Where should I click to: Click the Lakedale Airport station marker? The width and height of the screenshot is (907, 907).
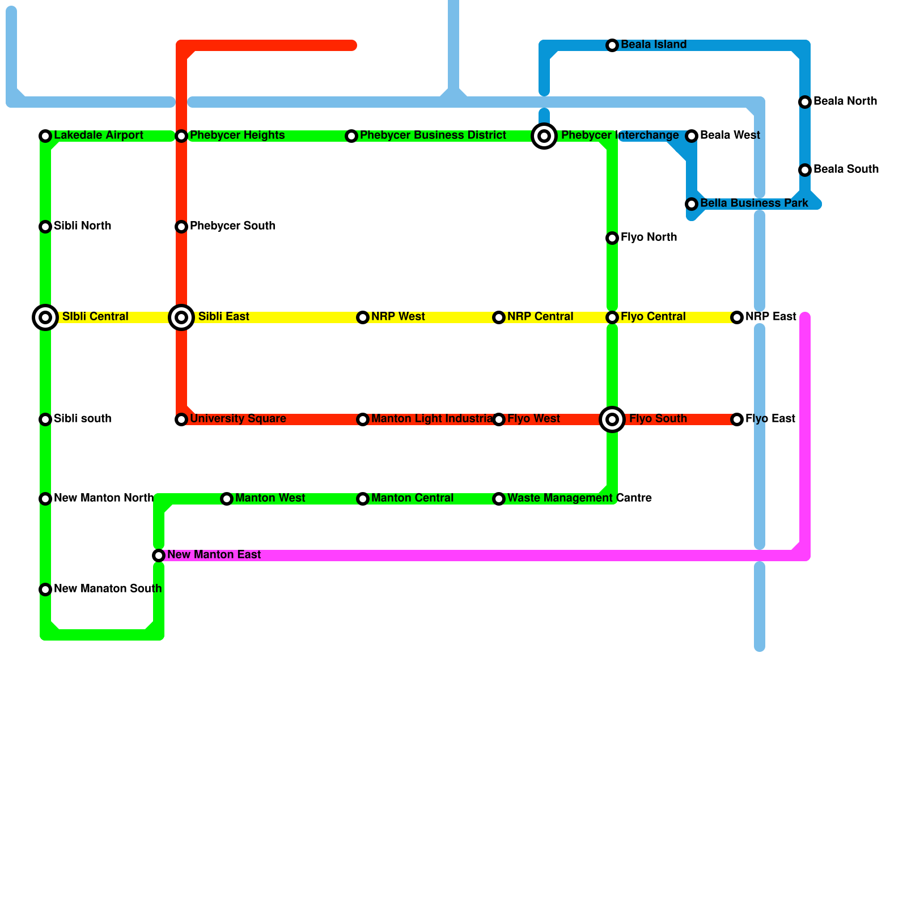(45, 136)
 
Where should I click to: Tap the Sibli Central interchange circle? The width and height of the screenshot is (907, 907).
(45, 317)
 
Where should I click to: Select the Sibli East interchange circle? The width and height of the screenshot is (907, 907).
(181, 317)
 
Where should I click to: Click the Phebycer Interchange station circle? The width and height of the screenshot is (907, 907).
(544, 136)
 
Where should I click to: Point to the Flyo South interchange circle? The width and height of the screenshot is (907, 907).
(612, 419)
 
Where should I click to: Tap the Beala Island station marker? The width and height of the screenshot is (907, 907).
(612, 45)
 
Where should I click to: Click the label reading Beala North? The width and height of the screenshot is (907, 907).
(845, 101)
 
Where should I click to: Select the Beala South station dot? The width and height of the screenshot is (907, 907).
(805, 170)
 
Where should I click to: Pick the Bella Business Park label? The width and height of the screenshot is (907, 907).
(754, 204)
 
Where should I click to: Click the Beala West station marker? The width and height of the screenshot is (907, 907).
(692, 136)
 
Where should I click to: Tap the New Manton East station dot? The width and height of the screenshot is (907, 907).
(159, 556)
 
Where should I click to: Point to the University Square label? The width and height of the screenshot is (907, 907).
(238, 419)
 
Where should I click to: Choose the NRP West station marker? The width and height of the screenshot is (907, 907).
(363, 317)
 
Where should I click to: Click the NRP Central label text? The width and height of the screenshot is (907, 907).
(540, 317)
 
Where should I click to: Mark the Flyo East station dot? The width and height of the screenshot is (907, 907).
(737, 419)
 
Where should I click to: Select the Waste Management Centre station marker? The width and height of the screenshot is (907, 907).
(499, 499)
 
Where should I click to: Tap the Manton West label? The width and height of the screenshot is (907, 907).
(270, 498)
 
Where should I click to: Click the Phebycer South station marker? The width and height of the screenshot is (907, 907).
(181, 227)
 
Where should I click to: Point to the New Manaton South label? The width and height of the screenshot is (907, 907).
(108, 589)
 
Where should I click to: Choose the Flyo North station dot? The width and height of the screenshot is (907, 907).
(612, 238)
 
